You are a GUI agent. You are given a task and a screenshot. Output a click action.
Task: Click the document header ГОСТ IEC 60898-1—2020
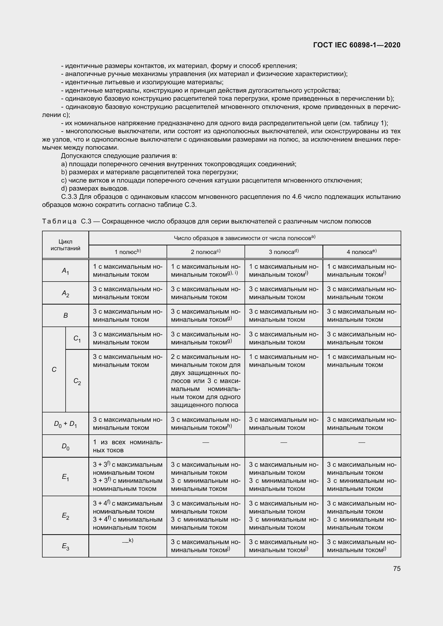(x=357, y=45)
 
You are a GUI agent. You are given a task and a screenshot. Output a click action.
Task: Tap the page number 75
(x=397, y=568)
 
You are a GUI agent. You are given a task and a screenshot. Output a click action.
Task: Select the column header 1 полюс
(x=127, y=252)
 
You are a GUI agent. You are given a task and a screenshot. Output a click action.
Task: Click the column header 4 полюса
(x=361, y=252)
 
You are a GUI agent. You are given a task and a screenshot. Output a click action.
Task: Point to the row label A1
(x=65, y=271)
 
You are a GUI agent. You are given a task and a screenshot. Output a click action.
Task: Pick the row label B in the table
(x=65, y=316)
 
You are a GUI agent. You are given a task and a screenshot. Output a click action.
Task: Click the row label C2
(x=77, y=381)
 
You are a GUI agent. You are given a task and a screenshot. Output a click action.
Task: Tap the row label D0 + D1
(x=65, y=424)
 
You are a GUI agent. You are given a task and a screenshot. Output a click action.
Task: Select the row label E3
(x=65, y=546)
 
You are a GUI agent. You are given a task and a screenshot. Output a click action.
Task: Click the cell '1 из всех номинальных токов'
(x=127, y=446)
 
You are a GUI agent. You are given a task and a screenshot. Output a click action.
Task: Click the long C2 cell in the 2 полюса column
(x=205, y=381)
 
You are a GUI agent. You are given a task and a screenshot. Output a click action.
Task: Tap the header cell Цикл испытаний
(x=65, y=245)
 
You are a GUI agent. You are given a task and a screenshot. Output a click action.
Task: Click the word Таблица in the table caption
(x=59, y=221)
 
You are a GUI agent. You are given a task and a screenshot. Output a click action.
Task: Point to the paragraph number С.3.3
(x=69, y=197)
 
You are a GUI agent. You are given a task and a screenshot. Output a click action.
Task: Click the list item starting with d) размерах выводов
(x=95, y=188)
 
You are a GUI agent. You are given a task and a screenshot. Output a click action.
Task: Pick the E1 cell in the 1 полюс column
(x=127, y=477)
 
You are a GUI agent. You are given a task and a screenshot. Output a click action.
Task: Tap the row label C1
(x=77, y=338)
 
